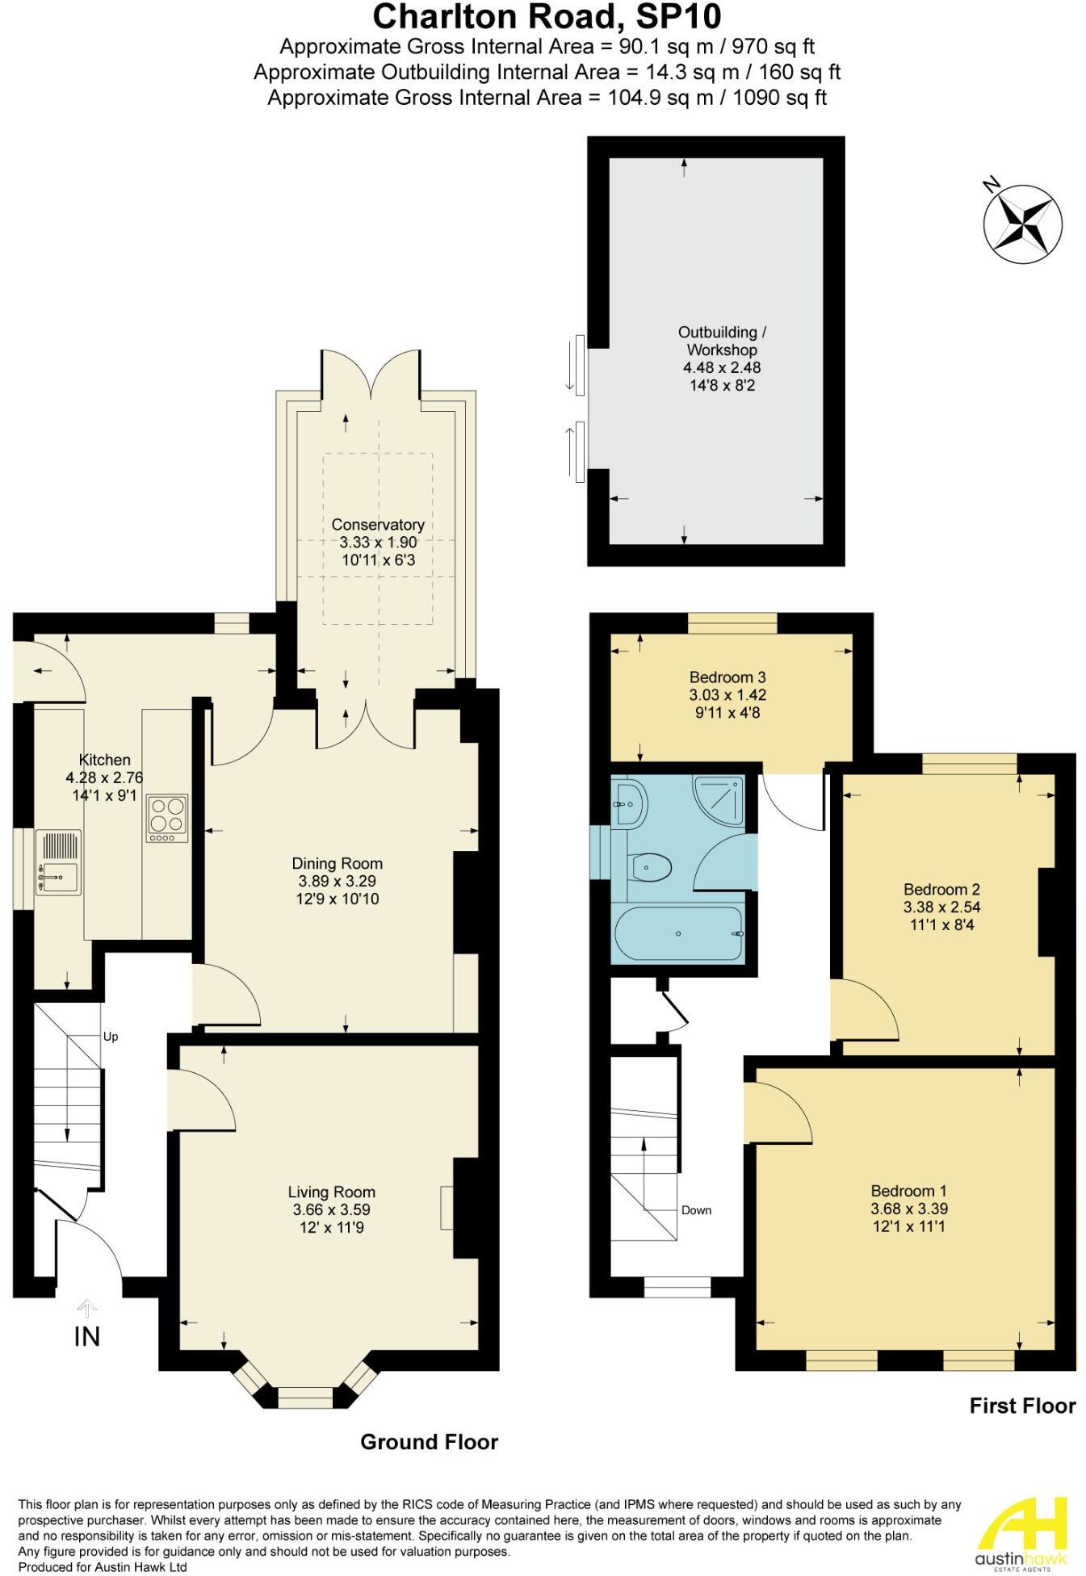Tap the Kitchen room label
click(104, 760)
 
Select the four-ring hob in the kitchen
click(167, 815)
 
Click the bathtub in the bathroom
click(678, 933)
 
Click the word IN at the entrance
click(86, 1337)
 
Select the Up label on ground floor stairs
click(111, 1037)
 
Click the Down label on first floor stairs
click(696, 1210)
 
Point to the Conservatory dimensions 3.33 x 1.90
click(378, 543)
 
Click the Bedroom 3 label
click(727, 677)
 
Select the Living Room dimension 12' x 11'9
click(331, 1227)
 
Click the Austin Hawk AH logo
click(1021, 1531)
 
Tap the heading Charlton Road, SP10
click(547, 17)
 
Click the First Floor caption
click(1022, 1406)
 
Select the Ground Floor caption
click(429, 1442)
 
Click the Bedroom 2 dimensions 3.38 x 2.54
click(941, 907)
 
